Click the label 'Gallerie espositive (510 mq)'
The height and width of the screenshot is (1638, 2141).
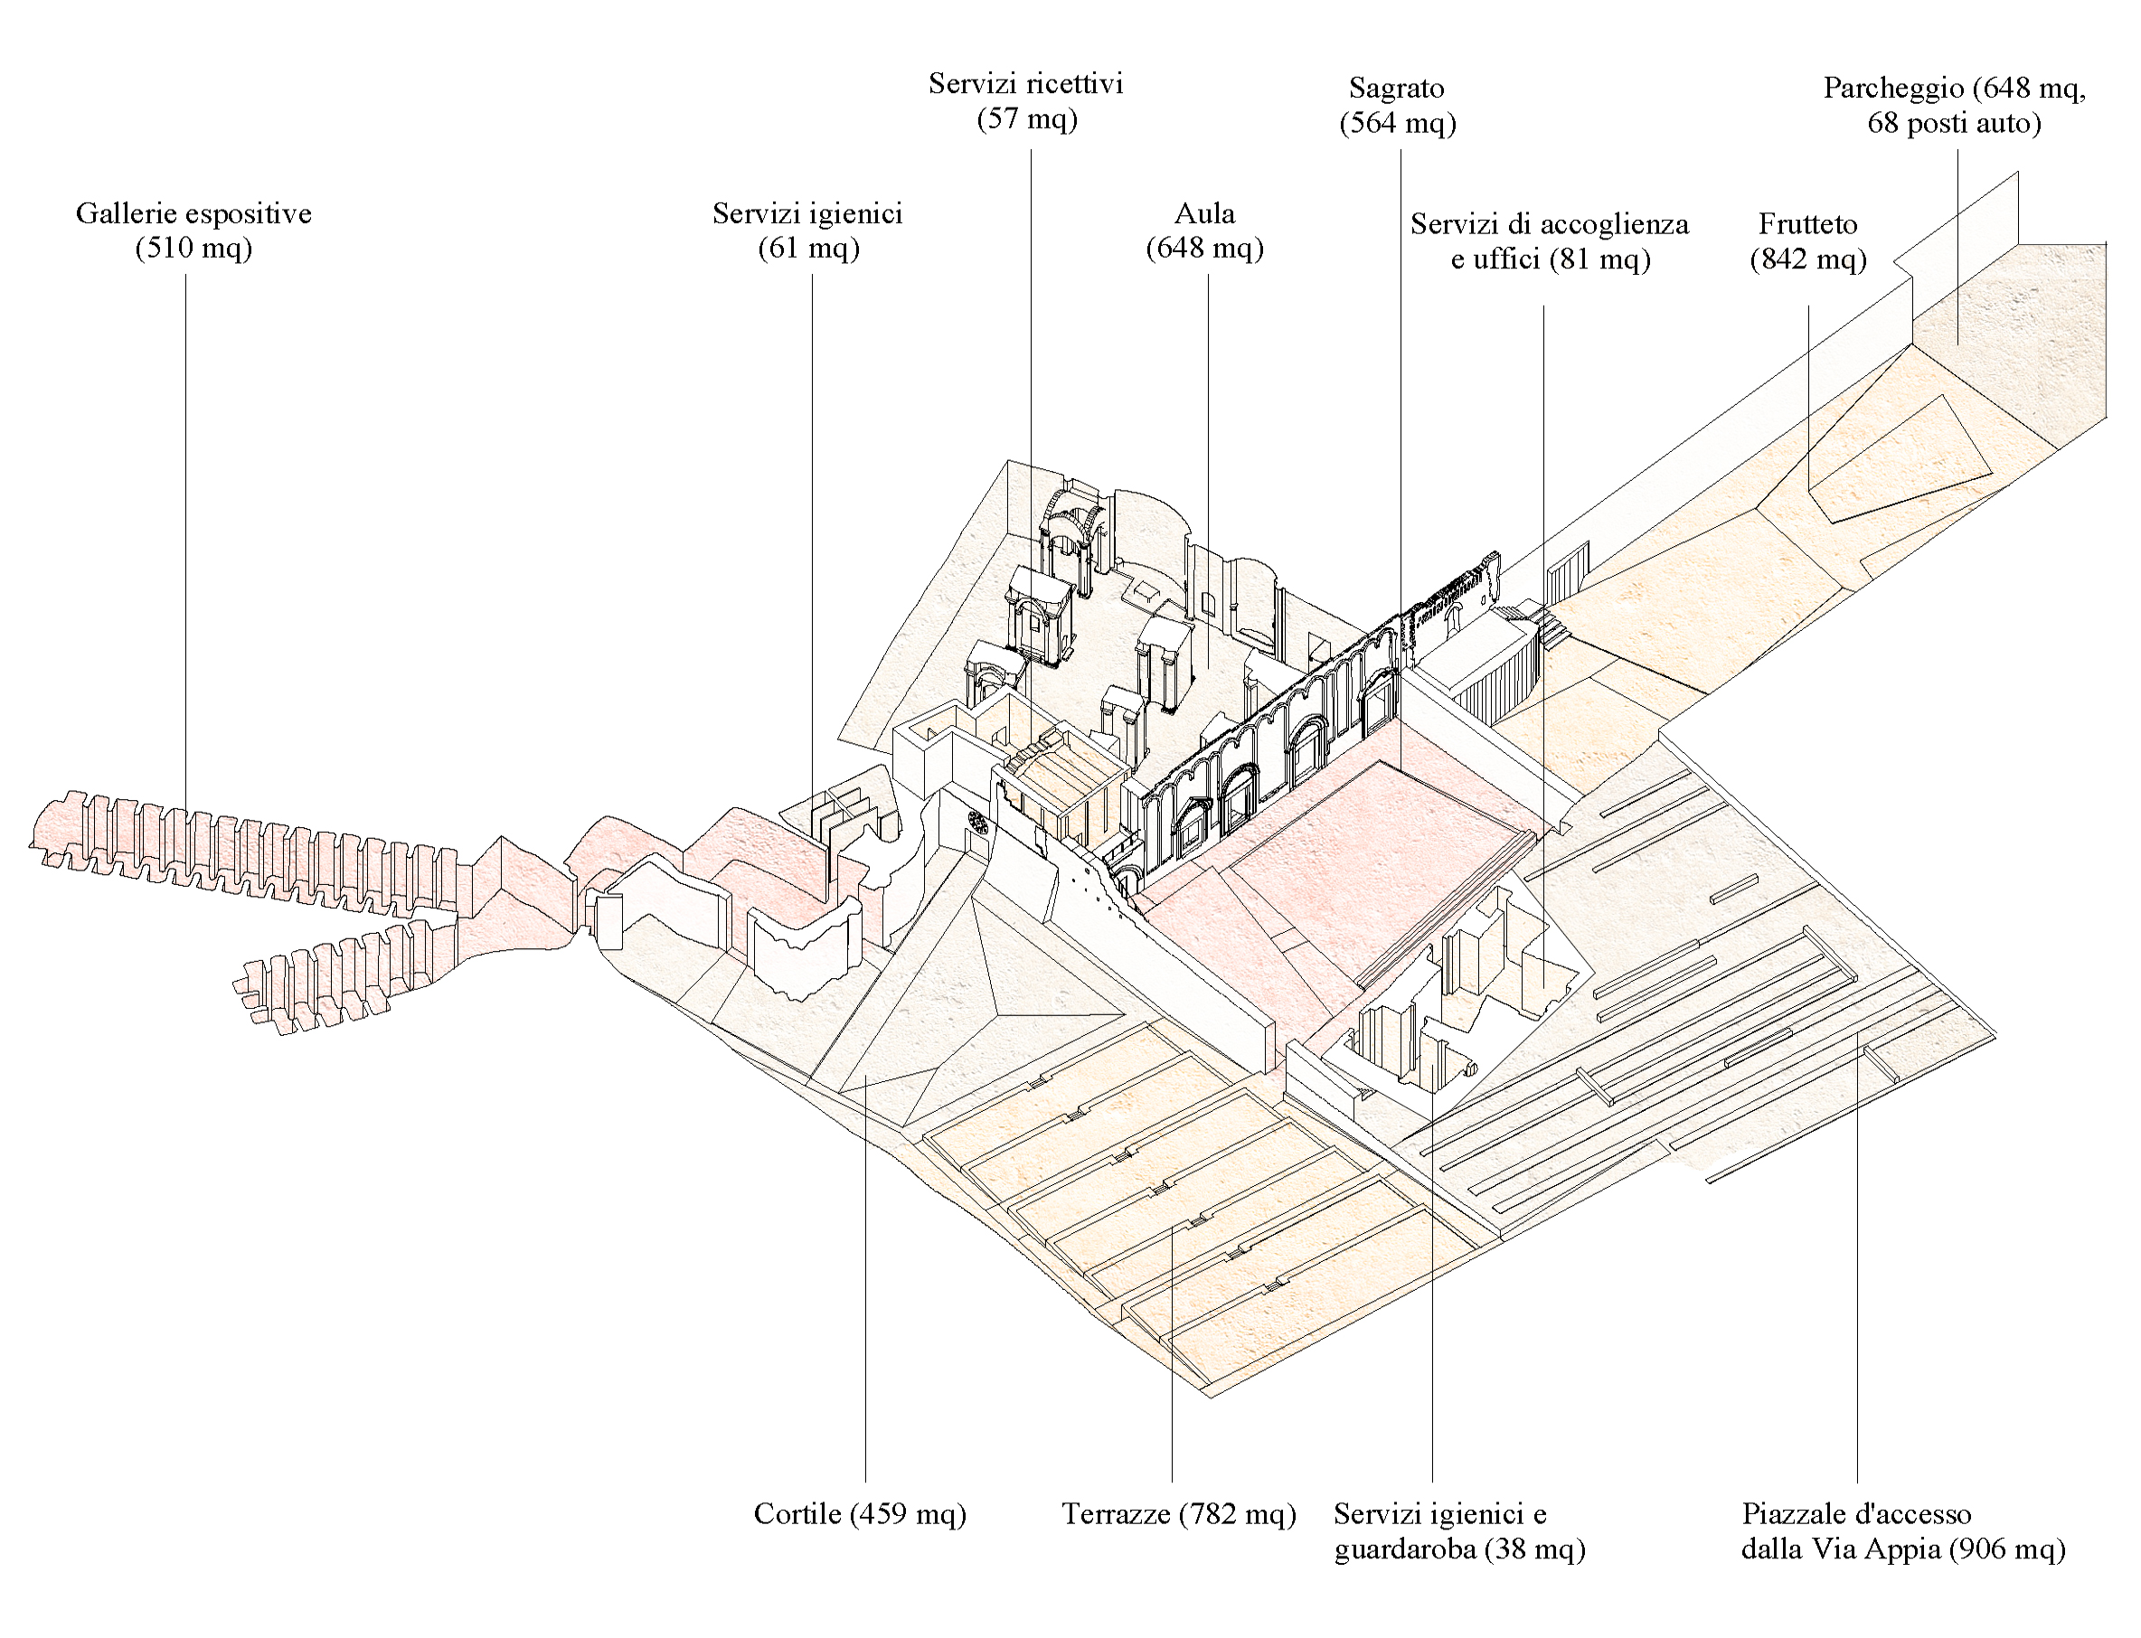pos(193,231)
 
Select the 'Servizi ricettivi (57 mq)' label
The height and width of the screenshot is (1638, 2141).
pos(1025,100)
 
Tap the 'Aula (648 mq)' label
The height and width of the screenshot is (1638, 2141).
pos(1205,231)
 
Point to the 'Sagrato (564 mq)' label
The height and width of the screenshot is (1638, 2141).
pos(1397,105)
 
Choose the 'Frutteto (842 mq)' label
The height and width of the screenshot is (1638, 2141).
pos(1807,240)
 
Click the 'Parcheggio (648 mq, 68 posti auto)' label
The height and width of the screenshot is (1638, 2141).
pos(1954,105)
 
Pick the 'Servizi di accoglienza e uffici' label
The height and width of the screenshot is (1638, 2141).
pos(1549,240)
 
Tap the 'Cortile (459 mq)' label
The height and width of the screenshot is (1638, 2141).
pos(859,1514)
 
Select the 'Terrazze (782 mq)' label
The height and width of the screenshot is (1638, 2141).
pos(1178,1514)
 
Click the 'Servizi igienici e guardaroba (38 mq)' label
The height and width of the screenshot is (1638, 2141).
pos(1458,1531)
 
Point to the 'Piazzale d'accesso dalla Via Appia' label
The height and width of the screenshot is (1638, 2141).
pos(1902,1531)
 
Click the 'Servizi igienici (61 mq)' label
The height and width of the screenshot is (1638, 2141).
pos(807,231)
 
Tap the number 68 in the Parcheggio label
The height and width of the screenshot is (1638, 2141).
pos(1883,124)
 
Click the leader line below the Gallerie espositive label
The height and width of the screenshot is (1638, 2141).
pos(185,536)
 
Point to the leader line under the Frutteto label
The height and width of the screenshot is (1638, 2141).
pos(1809,390)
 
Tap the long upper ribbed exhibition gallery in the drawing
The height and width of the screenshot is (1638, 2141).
pos(244,848)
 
